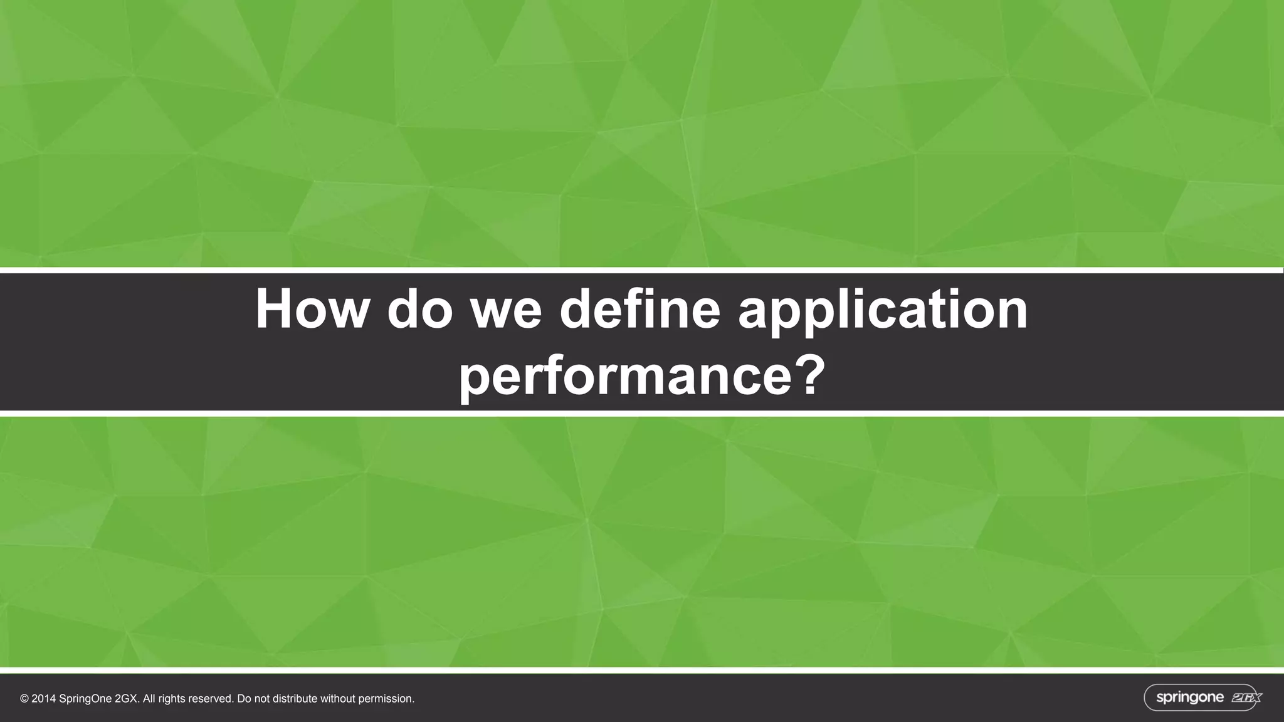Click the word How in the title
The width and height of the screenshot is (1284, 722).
pyautogui.click(x=311, y=309)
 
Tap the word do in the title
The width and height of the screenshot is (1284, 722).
pyautogui.click(x=419, y=309)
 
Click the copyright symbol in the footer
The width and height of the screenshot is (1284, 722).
pyautogui.click(x=24, y=699)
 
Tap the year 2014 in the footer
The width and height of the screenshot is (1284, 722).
pyautogui.click(x=43, y=699)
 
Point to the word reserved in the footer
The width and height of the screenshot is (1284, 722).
pyautogui.click(x=211, y=699)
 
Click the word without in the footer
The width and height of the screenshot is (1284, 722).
pyautogui.click(x=337, y=699)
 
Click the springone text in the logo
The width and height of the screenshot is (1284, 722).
pyautogui.click(x=1189, y=698)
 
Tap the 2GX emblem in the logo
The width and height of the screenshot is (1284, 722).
pyautogui.click(x=1245, y=698)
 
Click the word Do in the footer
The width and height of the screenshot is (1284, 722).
pyautogui.click(x=244, y=699)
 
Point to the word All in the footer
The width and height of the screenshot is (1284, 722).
pyautogui.click(x=150, y=699)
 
